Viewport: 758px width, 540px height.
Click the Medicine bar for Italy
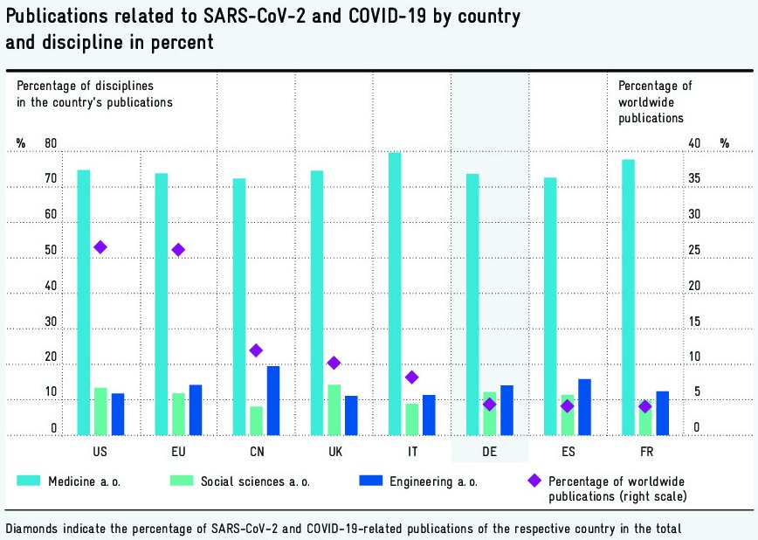click(395, 294)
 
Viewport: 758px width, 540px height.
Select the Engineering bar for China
click(273, 400)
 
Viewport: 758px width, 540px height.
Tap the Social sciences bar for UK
click(334, 409)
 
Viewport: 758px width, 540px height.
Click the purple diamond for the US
click(100, 247)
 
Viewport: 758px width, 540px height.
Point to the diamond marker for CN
click(256, 350)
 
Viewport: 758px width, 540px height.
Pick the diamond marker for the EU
click(178, 250)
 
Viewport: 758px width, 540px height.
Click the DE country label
click(489, 452)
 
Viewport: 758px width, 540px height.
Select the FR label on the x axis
click(644, 452)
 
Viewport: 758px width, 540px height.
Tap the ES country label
click(568, 452)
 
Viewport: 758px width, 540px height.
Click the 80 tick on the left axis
click(51, 143)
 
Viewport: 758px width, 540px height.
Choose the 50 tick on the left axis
click(51, 251)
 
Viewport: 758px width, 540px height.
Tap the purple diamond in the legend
click(534, 481)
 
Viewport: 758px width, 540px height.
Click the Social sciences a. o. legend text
click(255, 481)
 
